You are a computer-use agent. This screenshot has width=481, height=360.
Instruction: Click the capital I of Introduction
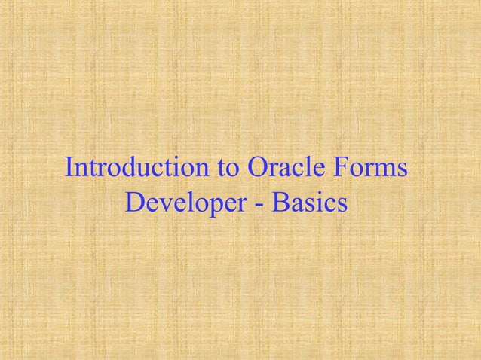click(x=70, y=168)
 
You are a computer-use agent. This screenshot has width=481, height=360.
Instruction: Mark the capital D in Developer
click(x=135, y=202)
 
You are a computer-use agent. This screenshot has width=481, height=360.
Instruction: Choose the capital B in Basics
click(x=285, y=202)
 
